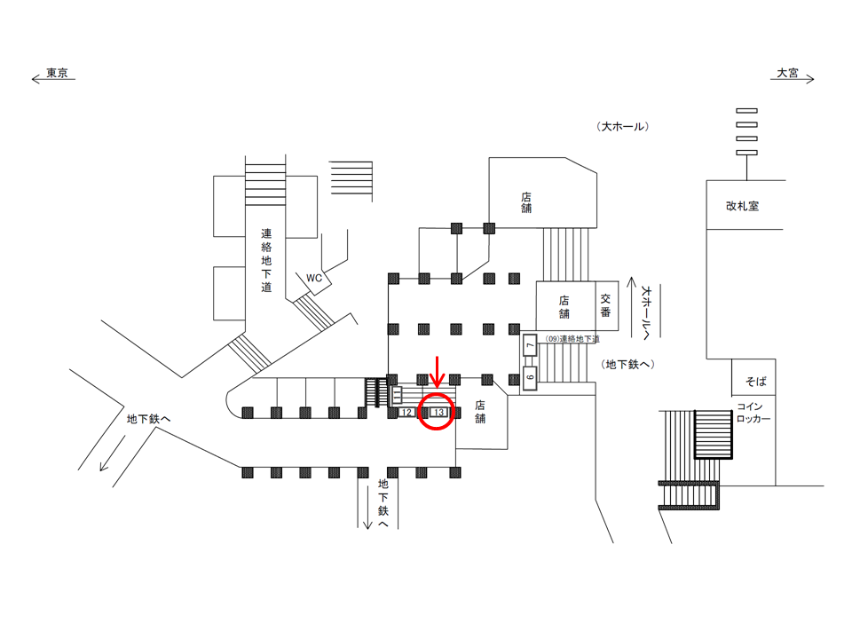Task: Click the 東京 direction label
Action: click(57, 73)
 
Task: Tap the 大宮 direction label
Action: click(787, 73)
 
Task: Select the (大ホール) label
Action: click(623, 127)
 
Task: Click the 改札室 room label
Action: click(742, 206)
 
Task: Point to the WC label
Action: click(314, 278)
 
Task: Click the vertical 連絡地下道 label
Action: click(266, 260)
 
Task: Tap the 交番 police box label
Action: click(605, 305)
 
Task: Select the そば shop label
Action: click(756, 382)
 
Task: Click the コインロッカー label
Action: click(753, 413)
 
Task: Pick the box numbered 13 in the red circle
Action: click(438, 413)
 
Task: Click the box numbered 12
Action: click(406, 413)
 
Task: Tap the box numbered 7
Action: click(530, 345)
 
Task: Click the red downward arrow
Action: click(437, 372)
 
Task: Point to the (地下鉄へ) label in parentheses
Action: click(627, 365)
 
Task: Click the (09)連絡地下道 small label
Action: click(572, 338)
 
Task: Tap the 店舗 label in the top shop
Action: click(526, 202)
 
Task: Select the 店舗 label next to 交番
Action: click(564, 307)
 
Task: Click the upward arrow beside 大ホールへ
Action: click(631, 307)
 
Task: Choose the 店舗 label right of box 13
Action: click(480, 412)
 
